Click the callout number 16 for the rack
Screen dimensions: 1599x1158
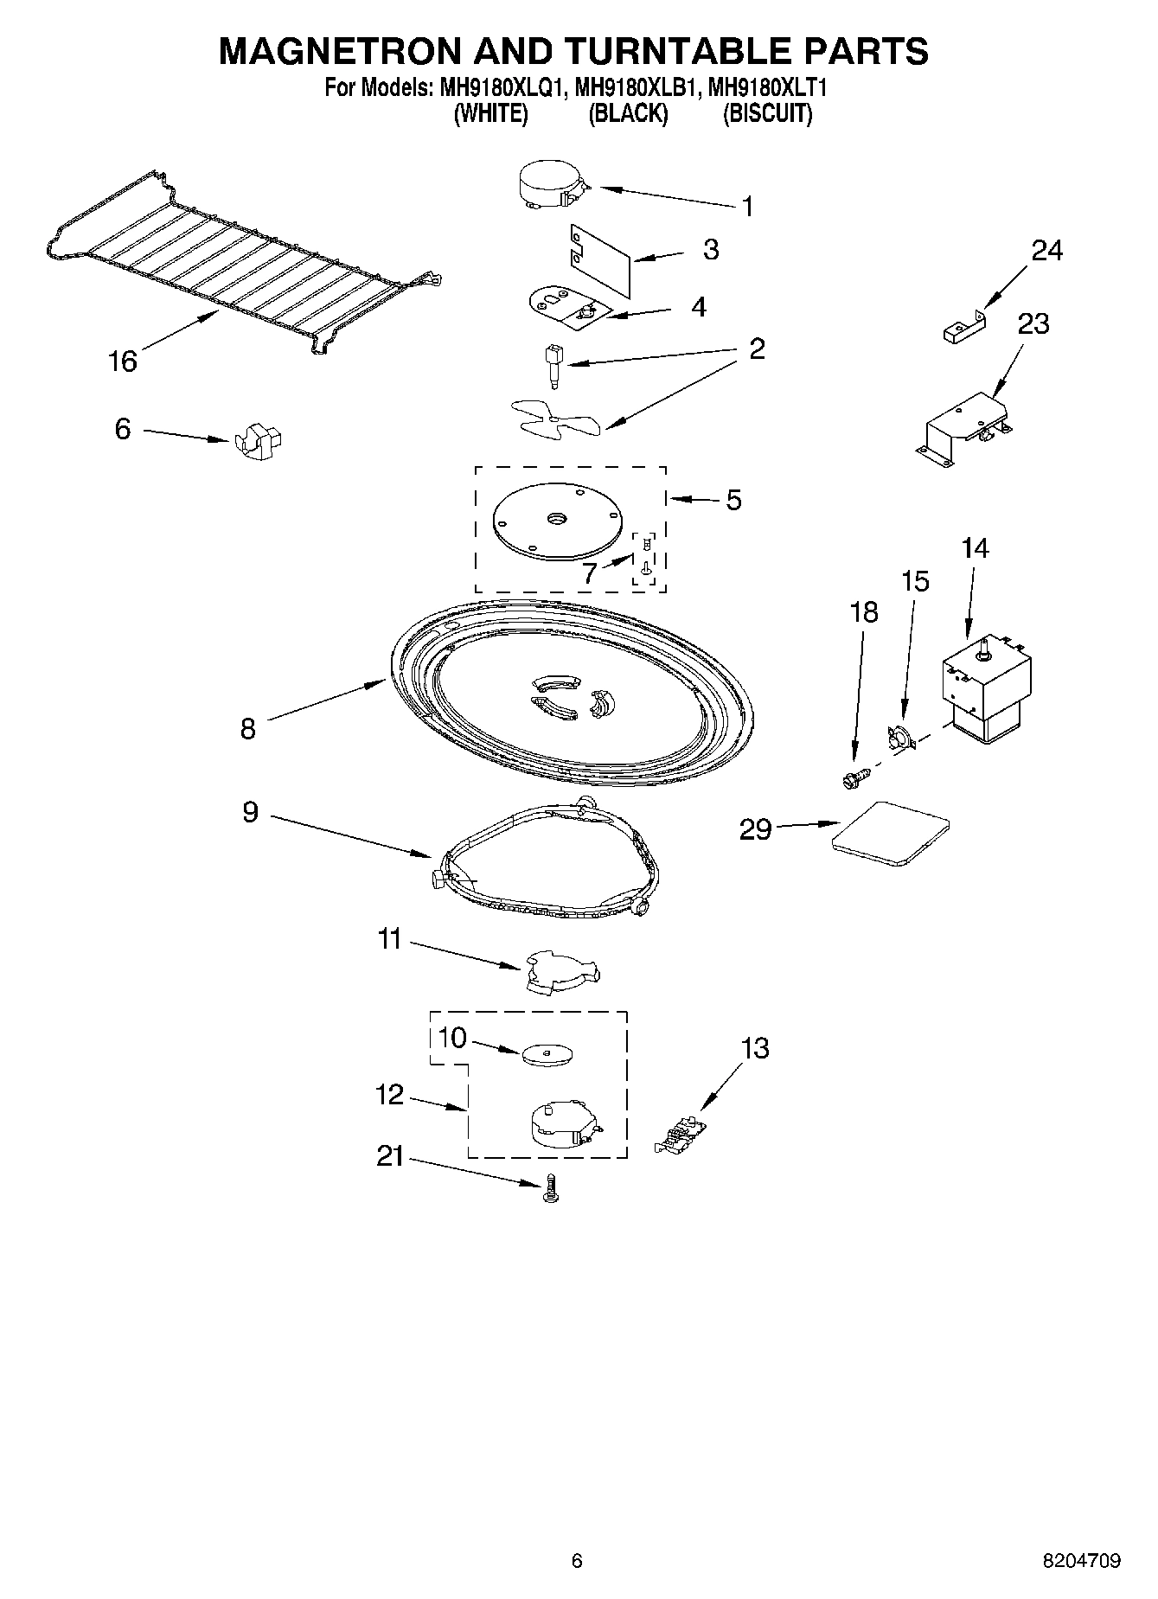tap(122, 361)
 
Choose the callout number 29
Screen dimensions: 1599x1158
tap(755, 829)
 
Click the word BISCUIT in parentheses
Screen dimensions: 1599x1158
tap(768, 113)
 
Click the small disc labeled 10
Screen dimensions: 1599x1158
tap(548, 1054)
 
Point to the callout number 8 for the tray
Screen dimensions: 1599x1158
tap(248, 728)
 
